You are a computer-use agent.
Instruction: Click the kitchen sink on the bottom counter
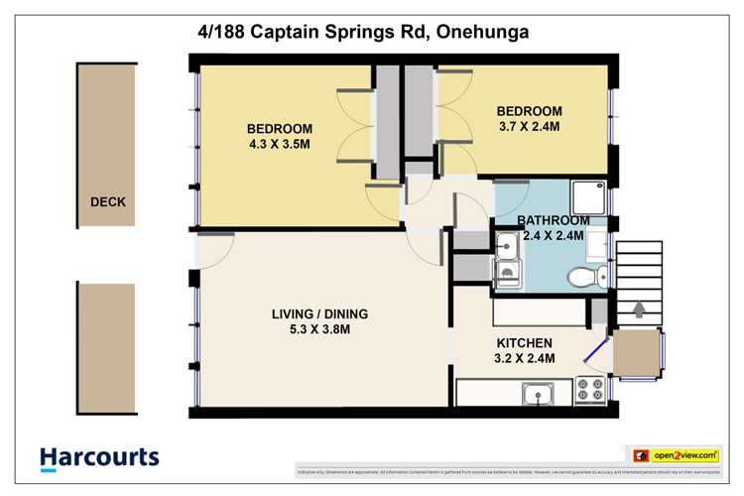click(x=539, y=395)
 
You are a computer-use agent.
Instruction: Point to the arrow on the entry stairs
click(x=637, y=310)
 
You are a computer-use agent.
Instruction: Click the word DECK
click(x=108, y=202)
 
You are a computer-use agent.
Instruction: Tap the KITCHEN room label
click(x=525, y=342)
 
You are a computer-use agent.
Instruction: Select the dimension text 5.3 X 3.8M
click(x=312, y=329)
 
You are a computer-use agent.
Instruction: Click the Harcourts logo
click(x=99, y=457)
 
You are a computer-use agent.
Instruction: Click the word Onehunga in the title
click(x=481, y=32)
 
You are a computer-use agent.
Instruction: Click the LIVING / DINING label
click(x=312, y=313)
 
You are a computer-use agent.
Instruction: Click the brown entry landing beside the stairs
click(x=636, y=352)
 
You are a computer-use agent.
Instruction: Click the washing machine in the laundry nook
click(x=507, y=273)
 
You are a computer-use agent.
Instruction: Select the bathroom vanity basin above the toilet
click(x=595, y=243)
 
